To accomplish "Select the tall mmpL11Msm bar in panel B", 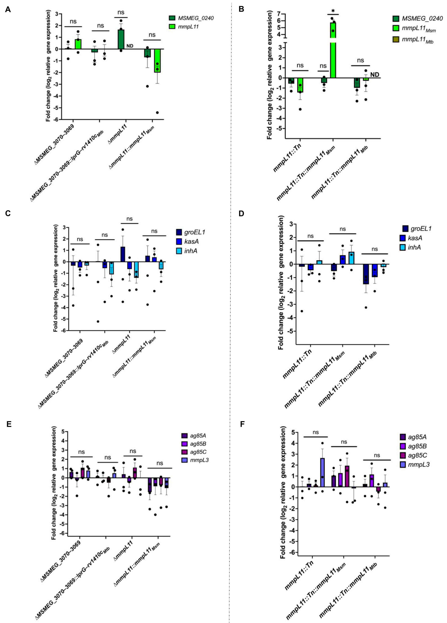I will point(333,49).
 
